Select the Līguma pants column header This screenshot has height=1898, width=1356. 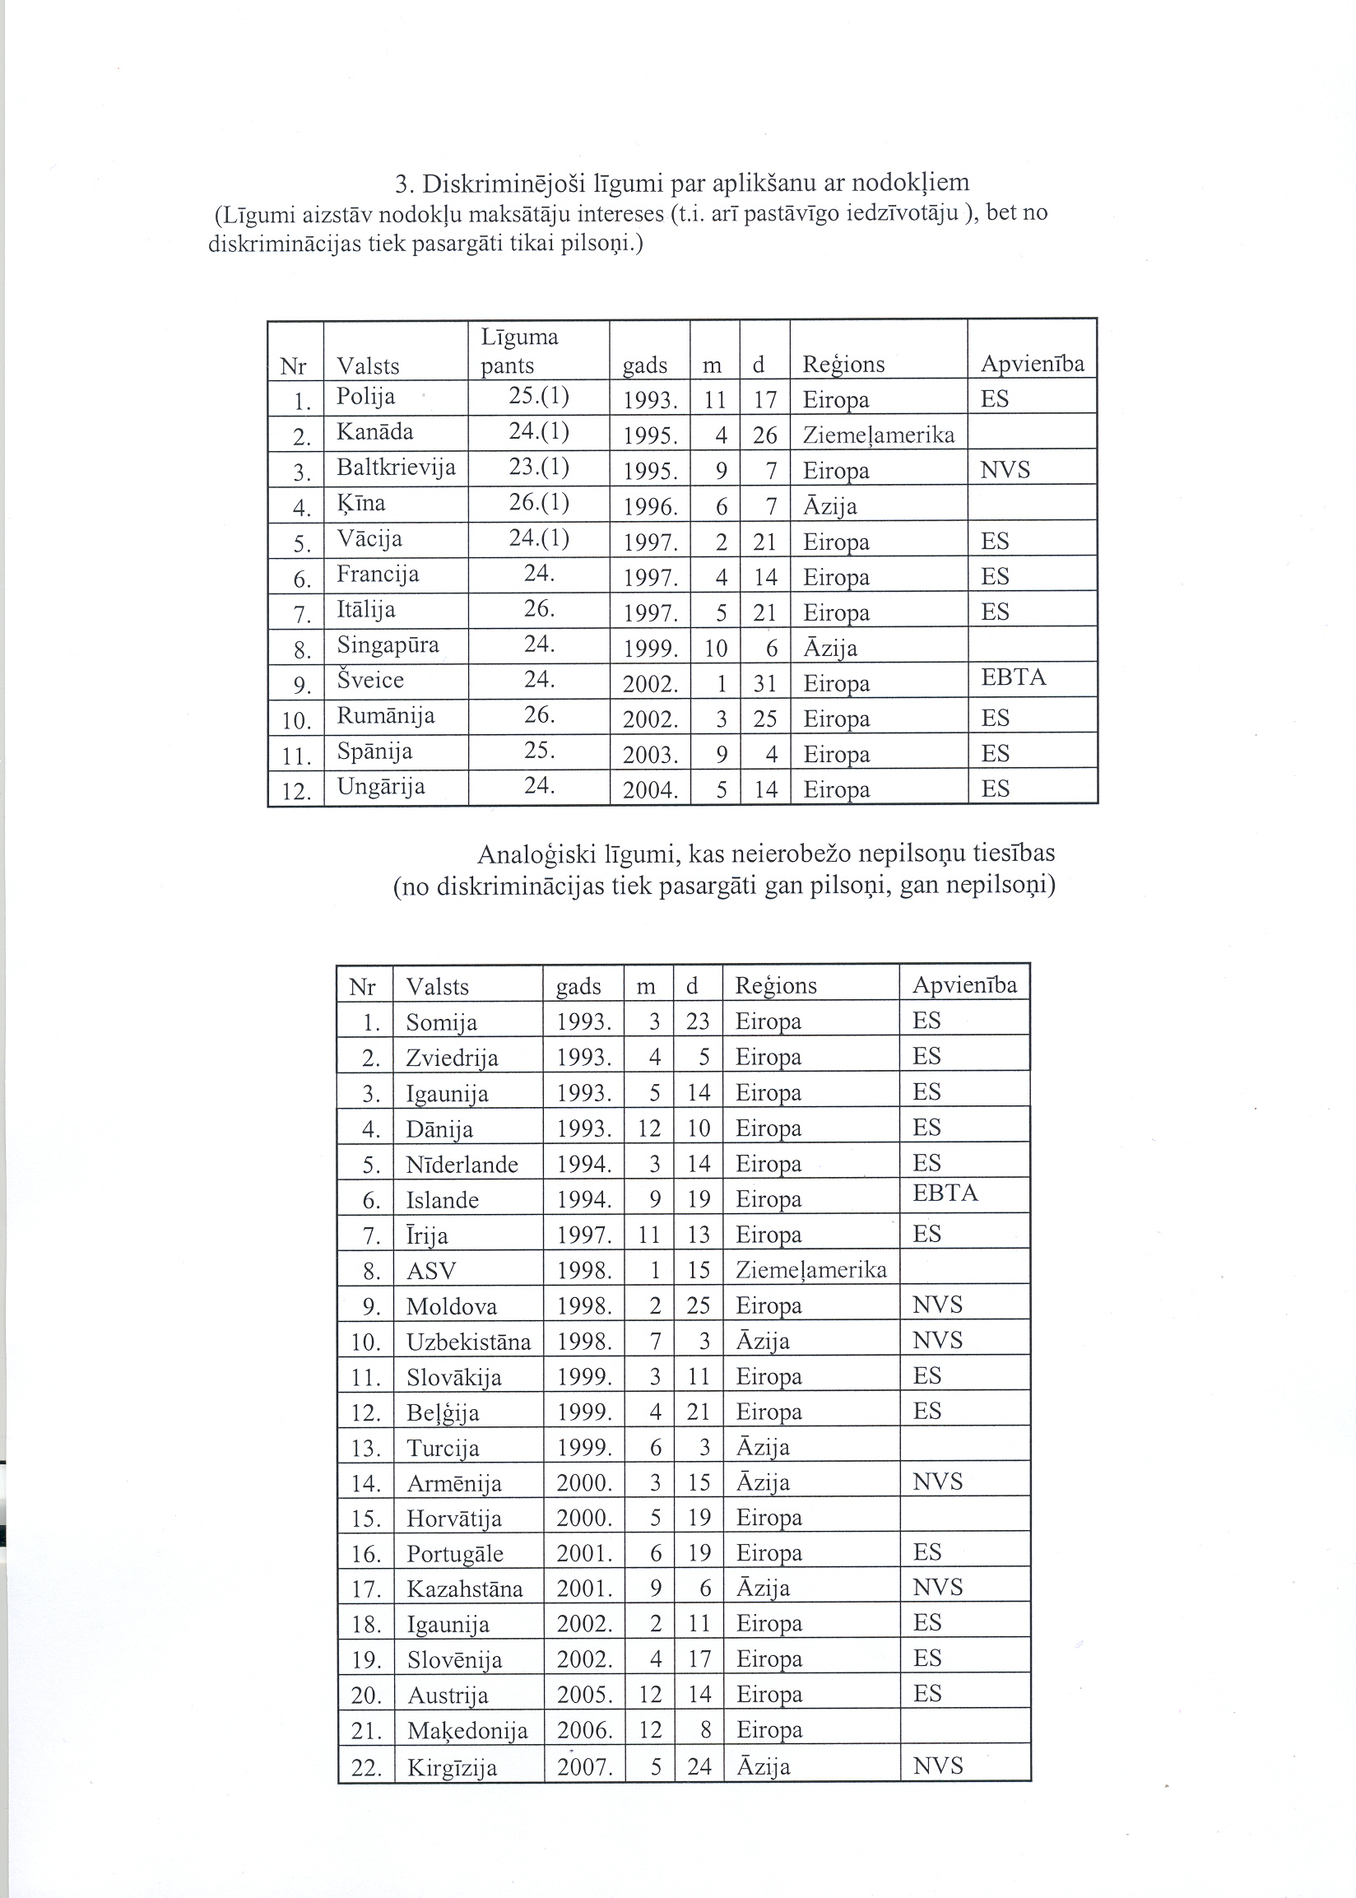point(518,351)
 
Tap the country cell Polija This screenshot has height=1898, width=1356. point(365,397)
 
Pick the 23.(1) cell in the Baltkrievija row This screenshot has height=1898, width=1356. point(539,468)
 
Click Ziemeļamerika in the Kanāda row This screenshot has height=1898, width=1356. point(879,435)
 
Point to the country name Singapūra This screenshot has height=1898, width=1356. point(388,645)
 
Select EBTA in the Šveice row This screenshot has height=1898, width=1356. point(1014,677)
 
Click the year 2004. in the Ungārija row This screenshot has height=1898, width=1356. point(649,790)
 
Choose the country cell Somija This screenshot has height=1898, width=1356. point(442,1023)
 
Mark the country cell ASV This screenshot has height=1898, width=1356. point(431,1271)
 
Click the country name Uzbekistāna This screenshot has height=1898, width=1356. point(468,1342)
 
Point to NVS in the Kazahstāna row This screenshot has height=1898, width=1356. point(938,1588)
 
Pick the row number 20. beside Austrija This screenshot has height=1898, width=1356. point(366,1695)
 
